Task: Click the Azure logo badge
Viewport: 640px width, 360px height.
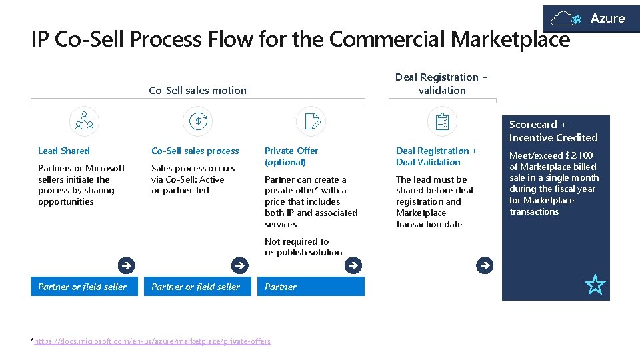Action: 591,19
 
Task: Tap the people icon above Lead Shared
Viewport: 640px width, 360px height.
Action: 84,121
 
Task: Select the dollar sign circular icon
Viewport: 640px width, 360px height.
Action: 198,121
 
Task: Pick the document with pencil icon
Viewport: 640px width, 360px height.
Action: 311,121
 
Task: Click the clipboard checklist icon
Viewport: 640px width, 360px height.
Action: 442,121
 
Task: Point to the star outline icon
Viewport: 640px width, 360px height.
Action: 595,285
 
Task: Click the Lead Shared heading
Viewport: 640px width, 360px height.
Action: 64,151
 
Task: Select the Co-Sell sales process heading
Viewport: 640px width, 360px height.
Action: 195,151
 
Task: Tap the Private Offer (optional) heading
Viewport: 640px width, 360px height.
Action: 291,156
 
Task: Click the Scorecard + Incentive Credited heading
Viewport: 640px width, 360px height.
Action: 553,131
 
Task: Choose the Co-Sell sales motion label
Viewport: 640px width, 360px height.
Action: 197,90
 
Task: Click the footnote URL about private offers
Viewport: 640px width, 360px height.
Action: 153,341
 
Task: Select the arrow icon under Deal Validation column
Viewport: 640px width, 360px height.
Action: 485,265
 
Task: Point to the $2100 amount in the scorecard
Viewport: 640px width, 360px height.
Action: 579,155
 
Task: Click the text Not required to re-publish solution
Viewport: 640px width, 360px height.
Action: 303,247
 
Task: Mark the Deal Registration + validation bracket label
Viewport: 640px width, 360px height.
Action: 441,83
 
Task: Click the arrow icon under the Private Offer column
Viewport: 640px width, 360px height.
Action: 353,265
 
